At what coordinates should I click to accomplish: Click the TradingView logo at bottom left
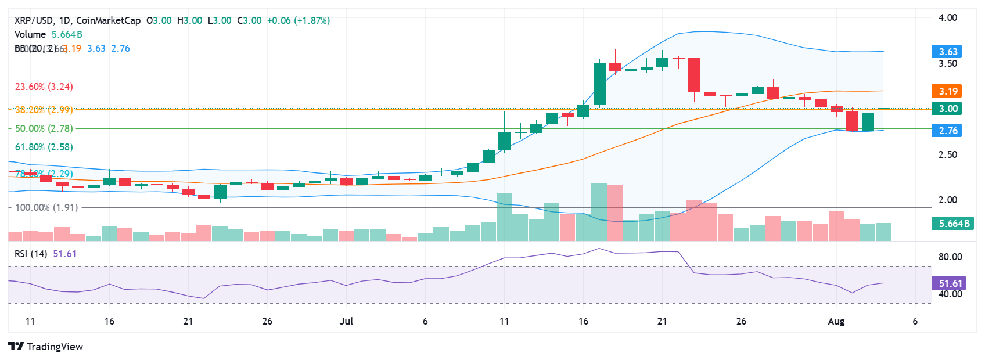tap(45, 347)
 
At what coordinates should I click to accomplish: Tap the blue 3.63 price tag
tap(948, 52)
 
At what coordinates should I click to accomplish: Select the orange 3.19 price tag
tap(948, 91)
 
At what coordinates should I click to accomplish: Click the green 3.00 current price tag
tap(948, 109)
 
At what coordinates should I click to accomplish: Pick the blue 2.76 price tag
tap(948, 131)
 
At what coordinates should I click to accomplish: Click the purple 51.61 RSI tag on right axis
tap(950, 283)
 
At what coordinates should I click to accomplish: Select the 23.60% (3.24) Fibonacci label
tap(44, 87)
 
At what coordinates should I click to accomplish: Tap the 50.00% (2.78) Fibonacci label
tap(44, 128)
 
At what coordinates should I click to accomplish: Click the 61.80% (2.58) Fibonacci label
tap(44, 147)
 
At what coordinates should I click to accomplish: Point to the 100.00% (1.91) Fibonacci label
tap(46, 207)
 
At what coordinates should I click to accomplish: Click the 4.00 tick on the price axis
tap(948, 17)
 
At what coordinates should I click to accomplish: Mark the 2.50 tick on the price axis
tap(948, 154)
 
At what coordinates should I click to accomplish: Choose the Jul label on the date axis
tap(346, 321)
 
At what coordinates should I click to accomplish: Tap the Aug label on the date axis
tap(836, 321)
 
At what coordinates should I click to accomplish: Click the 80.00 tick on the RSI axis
tap(950, 257)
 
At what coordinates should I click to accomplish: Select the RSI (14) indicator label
tap(31, 254)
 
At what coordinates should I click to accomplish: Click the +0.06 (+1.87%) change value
tap(299, 20)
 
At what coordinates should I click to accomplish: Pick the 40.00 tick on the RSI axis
tap(950, 294)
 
